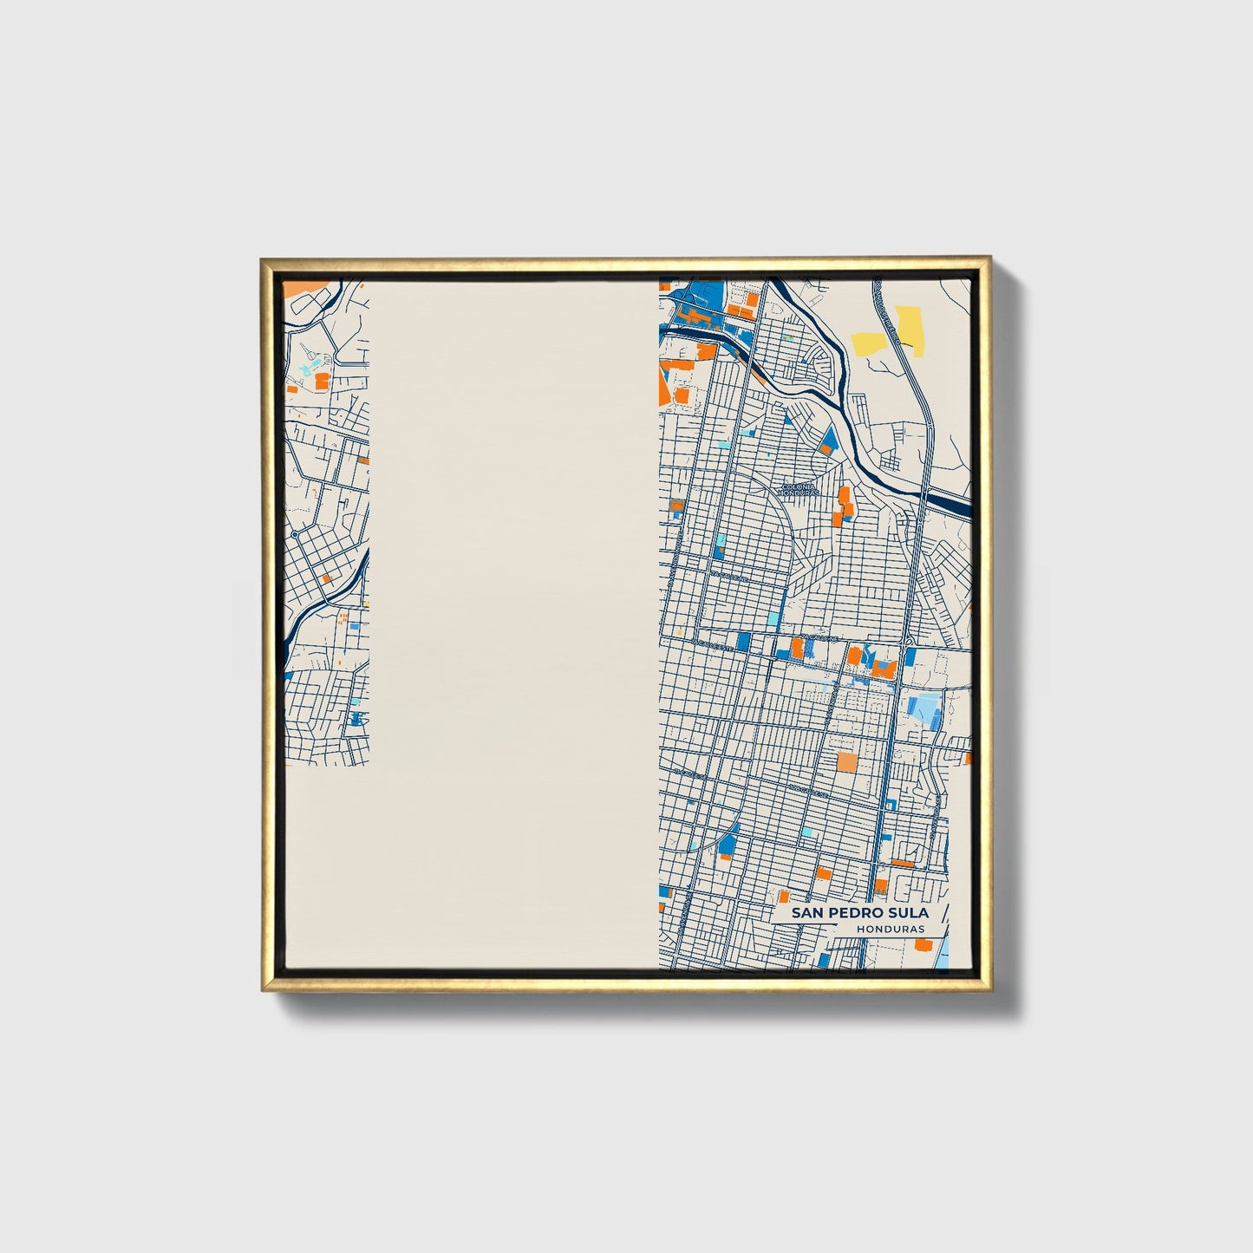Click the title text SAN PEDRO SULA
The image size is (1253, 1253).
pos(859,912)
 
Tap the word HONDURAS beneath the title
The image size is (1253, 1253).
pos(890,929)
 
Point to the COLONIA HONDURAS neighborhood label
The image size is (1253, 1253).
pos(799,491)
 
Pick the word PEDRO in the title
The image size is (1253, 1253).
pos(858,912)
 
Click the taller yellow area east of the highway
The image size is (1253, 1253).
pos(909,329)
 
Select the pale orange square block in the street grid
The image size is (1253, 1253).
pos(846,762)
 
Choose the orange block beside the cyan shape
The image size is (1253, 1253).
pos(322,380)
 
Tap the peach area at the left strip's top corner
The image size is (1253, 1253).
pos(299,287)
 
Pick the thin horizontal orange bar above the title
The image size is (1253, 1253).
pos(902,864)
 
